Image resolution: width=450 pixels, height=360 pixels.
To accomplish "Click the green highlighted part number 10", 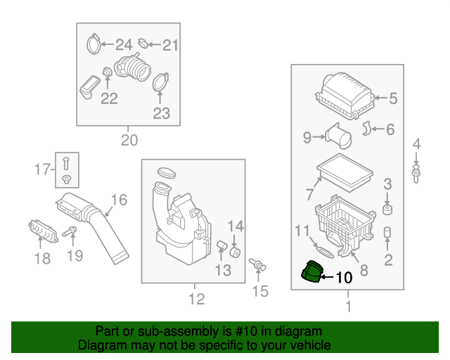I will click(310, 272).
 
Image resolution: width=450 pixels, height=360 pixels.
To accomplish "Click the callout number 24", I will click(124, 45).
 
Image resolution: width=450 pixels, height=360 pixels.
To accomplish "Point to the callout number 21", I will click(171, 46).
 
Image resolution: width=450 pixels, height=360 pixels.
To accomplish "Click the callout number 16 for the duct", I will click(119, 200).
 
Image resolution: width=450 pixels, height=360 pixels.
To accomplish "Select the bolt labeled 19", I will click(69, 231).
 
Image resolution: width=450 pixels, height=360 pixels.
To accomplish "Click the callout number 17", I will click(43, 169).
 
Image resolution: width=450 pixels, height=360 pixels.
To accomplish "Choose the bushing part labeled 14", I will click(236, 251).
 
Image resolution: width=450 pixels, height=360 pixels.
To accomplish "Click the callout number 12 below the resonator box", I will click(197, 300).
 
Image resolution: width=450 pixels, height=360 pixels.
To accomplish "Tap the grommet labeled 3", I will click(387, 210).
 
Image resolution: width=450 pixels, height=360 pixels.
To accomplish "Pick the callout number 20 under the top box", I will click(129, 139).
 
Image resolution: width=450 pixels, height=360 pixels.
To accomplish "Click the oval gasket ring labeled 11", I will click(323, 249).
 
